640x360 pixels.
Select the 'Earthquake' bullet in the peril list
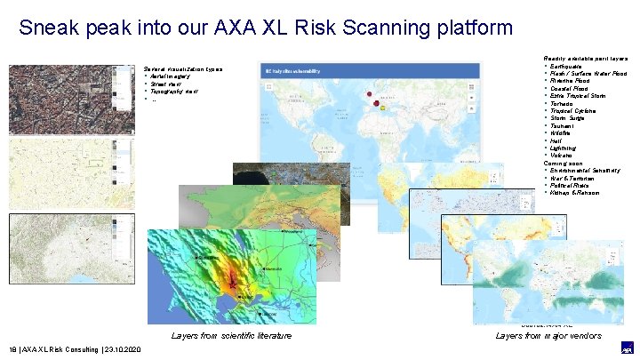pos(568,66)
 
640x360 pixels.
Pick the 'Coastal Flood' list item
pos(569,89)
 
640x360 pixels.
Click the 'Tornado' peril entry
pos(564,104)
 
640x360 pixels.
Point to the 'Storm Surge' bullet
pos(569,118)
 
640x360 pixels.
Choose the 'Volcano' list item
pos(564,156)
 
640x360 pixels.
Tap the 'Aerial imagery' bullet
pos(176,76)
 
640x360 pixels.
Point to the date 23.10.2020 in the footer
pos(124,350)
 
